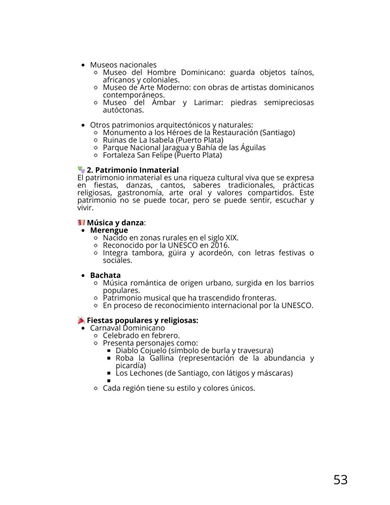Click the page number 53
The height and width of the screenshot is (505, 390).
[340, 480]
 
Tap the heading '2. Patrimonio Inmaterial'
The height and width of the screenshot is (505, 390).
[133, 170]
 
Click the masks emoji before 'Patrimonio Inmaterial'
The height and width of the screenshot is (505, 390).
[81, 170]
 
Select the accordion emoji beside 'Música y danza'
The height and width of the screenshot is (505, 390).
[81, 223]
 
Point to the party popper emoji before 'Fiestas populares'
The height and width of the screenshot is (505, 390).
[81, 320]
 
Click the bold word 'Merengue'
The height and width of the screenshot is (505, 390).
[109, 230]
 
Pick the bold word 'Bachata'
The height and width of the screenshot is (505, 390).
[105, 275]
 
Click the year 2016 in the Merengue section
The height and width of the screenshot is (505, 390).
[219, 245]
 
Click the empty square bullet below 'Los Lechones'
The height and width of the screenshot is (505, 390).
[109, 381]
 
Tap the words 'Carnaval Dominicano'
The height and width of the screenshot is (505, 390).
[127, 328]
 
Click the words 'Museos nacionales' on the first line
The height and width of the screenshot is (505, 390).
[123, 65]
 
